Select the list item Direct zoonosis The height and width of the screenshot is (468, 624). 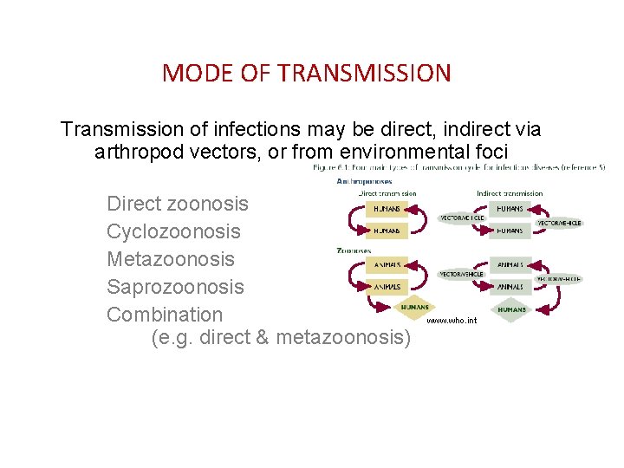click(177, 204)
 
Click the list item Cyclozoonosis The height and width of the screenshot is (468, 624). click(173, 231)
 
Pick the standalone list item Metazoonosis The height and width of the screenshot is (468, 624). click(171, 259)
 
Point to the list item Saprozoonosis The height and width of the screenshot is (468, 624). click(175, 287)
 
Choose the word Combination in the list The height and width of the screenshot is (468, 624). click(165, 315)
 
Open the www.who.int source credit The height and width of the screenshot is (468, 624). click(452, 321)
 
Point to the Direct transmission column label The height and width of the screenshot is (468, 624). click(387, 193)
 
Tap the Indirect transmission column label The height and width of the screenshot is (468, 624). click(510, 193)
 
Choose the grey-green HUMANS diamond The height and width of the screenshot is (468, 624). click(511, 309)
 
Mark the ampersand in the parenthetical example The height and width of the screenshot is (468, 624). click(262, 337)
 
